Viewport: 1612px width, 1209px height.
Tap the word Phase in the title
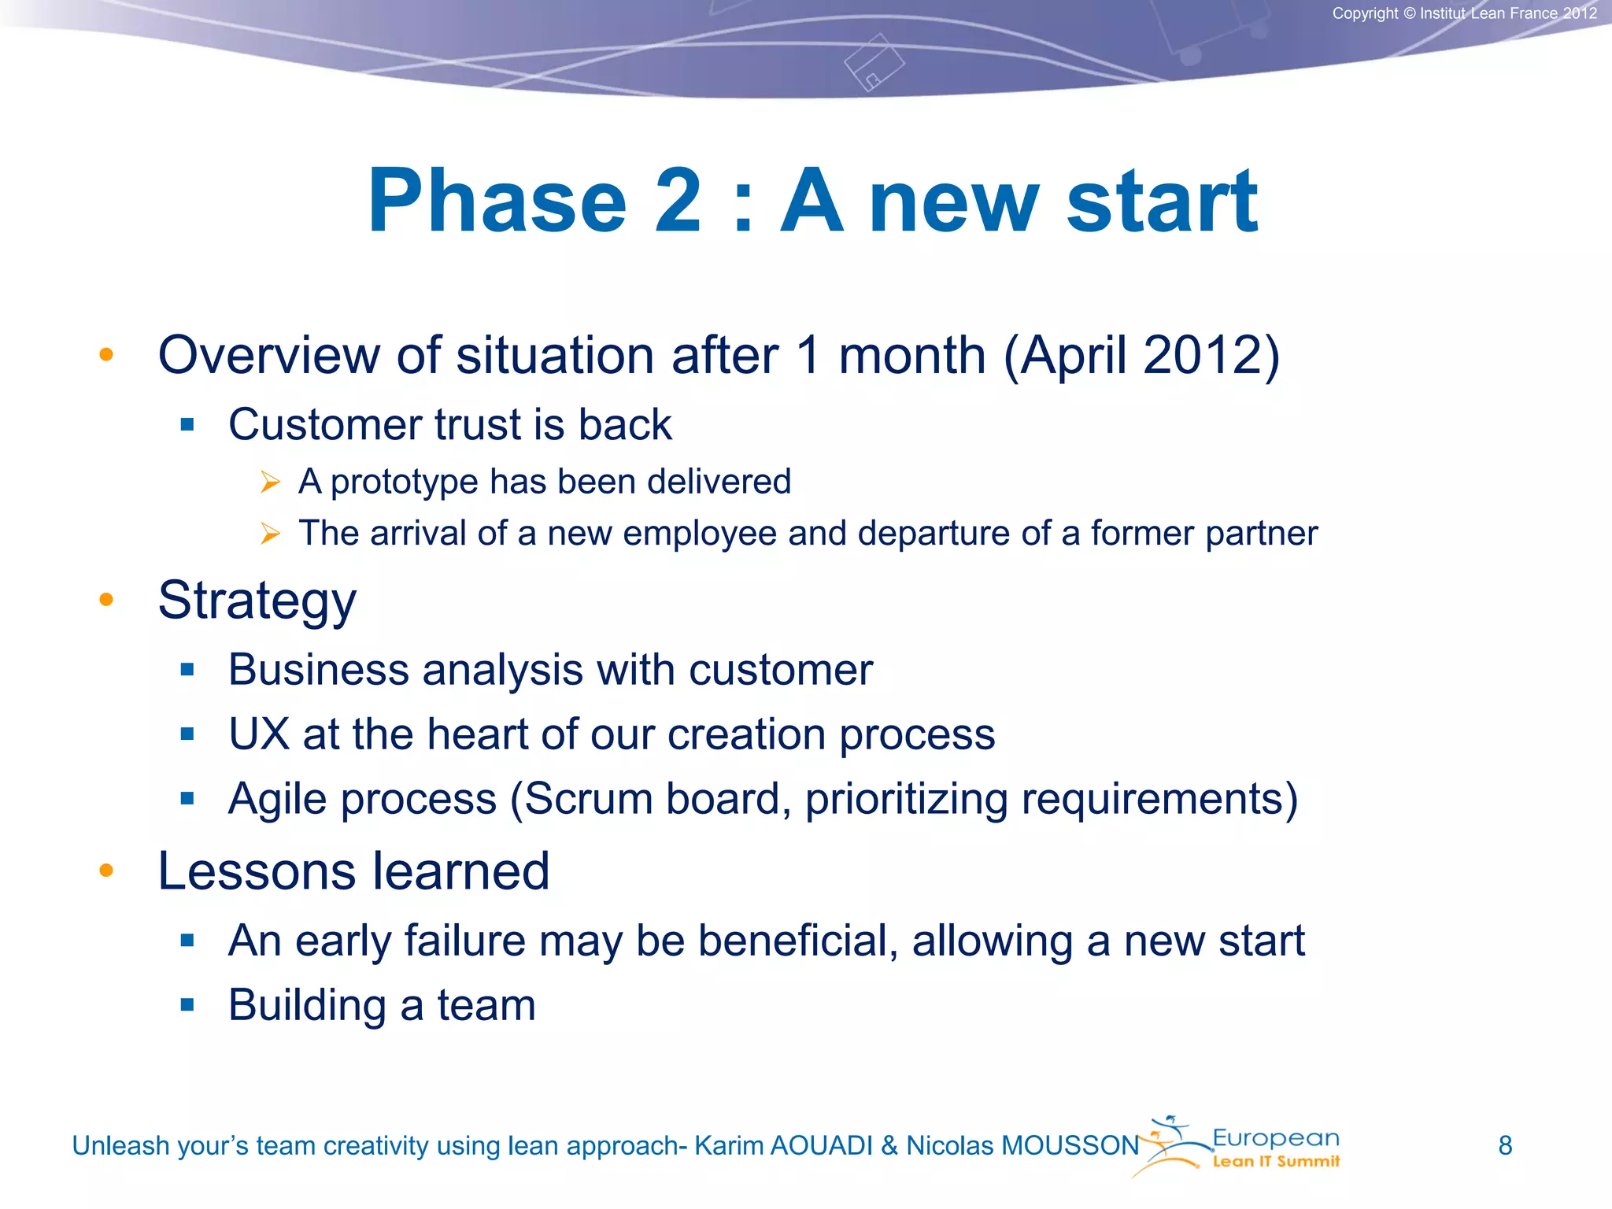(497, 201)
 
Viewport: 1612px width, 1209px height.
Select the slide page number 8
(1505, 1145)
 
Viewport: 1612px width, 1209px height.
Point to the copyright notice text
(1464, 13)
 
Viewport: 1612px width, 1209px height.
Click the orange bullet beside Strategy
(106, 601)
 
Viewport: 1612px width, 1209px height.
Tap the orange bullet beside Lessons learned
(106, 871)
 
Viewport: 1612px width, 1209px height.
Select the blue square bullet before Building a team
(187, 1005)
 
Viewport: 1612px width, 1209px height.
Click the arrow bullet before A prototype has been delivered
(270, 482)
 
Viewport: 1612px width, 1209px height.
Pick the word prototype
(404, 482)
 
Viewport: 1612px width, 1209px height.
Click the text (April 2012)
(1141, 356)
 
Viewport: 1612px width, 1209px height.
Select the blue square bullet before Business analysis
(187, 670)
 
